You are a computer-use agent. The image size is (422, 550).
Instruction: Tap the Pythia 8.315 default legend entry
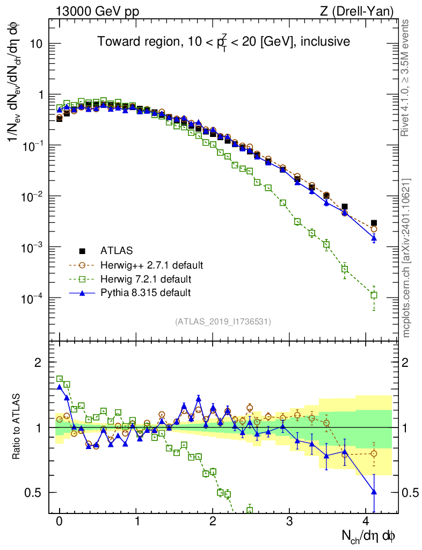pos(145,293)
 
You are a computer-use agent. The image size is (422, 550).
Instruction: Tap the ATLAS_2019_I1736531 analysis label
pos(223,322)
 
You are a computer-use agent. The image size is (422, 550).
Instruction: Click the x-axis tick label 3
pos(289,522)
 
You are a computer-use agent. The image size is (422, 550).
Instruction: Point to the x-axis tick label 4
pos(366,522)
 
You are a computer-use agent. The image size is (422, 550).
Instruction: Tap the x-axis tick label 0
pos(59,522)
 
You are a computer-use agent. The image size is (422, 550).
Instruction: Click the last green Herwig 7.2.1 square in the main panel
pos(374,295)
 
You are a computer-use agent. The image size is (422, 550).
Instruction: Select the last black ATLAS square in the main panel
pos(374,223)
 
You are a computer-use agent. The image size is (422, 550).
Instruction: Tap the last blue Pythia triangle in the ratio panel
pos(374,491)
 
